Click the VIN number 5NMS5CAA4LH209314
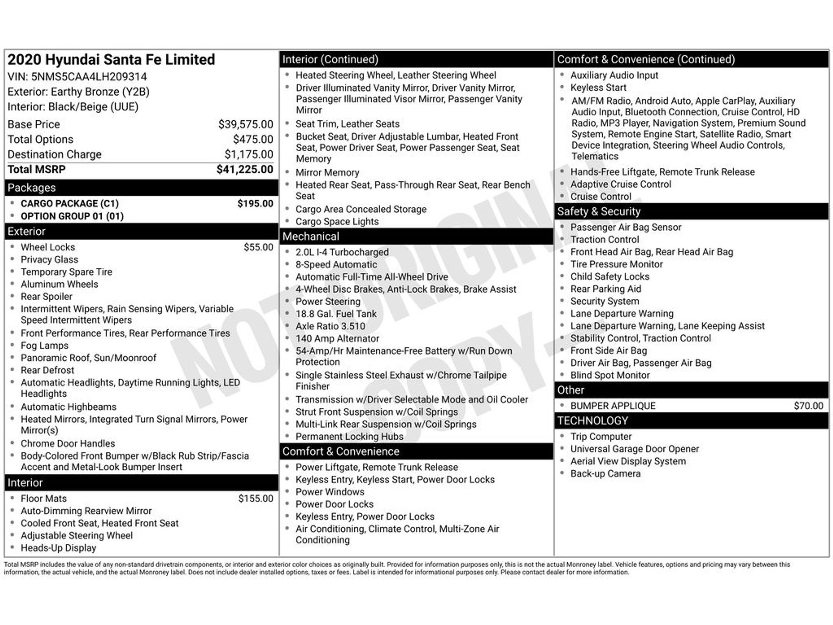coord(89,77)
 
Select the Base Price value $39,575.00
coord(245,124)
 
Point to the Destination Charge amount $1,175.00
coord(249,154)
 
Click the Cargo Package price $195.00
coord(255,204)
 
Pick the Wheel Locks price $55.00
coord(258,247)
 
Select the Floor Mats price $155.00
coord(255,498)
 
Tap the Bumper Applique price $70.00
coord(808,406)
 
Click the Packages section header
coord(32,188)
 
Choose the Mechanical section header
coord(311,236)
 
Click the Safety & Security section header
coord(599,211)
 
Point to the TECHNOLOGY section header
coord(592,421)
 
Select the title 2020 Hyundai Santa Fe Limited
coord(111,60)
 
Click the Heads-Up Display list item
coord(58,548)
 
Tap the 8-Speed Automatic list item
coord(336,265)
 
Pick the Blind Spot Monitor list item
coord(610,375)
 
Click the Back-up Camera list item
coord(605,474)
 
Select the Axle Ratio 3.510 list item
coord(330,326)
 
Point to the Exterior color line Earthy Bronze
coord(78,92)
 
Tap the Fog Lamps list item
coord(44,346)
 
